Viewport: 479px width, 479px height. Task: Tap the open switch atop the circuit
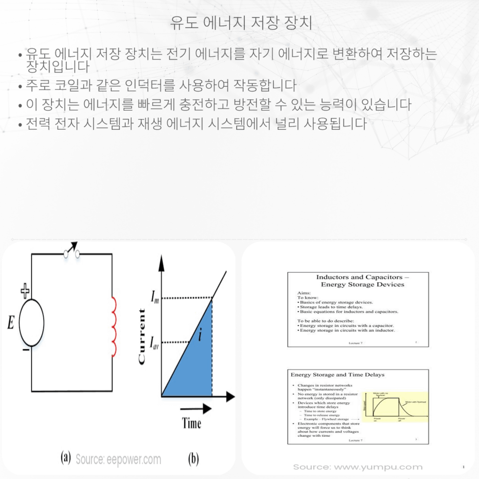point(71,252)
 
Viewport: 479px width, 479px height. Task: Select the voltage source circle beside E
point(32,322)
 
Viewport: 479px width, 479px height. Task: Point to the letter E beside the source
point(11,324)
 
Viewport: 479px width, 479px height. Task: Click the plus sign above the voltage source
point(25,290)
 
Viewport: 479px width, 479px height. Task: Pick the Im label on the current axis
point(155,300)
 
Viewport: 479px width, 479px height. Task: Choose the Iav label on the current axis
point(155,342)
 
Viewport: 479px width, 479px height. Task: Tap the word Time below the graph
point(192,423)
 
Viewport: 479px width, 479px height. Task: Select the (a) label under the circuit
point(66,458)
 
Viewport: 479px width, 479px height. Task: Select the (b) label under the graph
point(193,459)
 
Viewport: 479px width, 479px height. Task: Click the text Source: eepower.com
point(118,460)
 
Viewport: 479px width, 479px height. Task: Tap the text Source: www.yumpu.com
point(358,467)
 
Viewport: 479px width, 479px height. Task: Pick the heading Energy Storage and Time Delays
point(338,374)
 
